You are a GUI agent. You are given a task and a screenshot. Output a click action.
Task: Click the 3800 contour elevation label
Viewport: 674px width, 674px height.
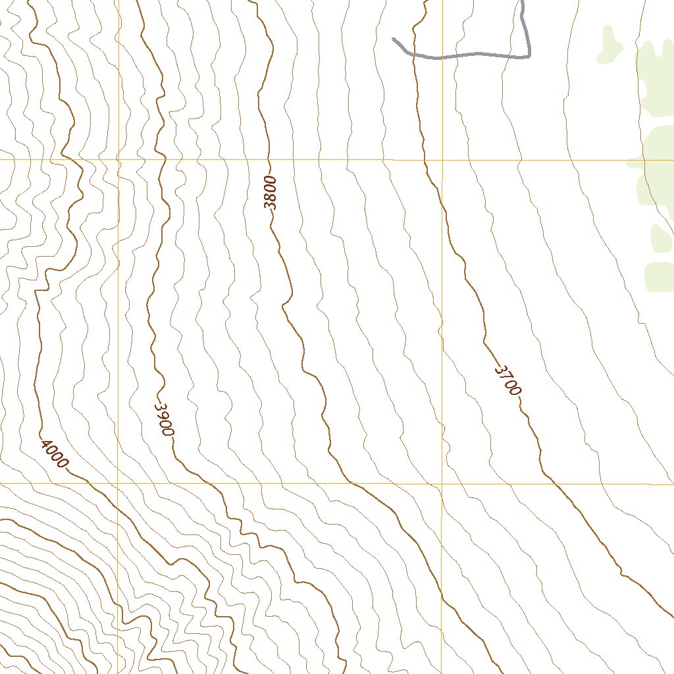click(x=271, y=193)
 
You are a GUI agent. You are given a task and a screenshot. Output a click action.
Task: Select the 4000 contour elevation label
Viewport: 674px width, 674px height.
click(x=54, y=454)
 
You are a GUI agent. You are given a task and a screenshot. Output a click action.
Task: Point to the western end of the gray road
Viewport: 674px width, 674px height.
click(x=394, y=39)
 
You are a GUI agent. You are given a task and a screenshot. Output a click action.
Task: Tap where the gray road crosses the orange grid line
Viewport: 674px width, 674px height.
click(x=442, y=57)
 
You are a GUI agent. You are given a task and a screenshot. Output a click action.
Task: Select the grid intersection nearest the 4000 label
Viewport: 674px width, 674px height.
click(x=118, y=483)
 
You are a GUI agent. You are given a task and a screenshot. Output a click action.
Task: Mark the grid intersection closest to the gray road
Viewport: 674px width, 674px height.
click(x=442, y=159)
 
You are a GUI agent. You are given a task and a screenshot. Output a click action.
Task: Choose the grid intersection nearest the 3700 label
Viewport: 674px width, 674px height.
click(x=442, y=483)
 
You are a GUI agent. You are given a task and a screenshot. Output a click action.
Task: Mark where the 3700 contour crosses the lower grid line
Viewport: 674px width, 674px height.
click(x=552, y=483)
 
